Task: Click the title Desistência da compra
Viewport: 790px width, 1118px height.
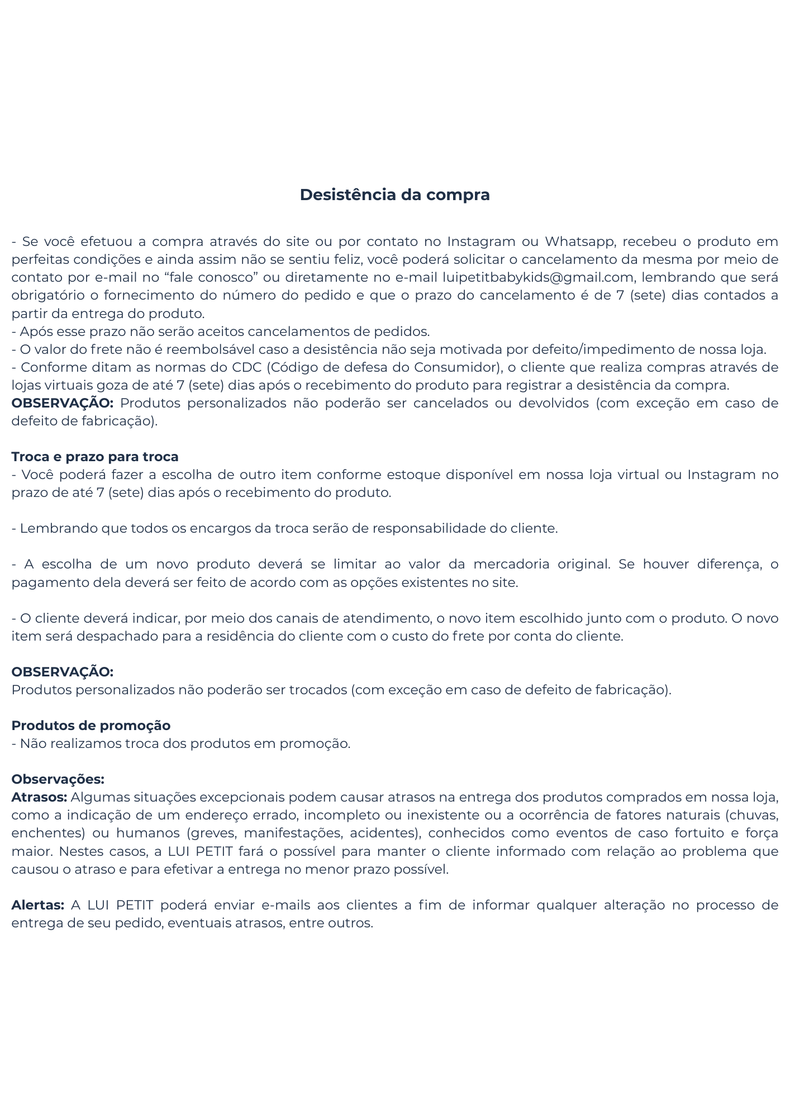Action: click(394, 195)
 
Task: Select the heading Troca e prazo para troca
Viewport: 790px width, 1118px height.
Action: click(95, 457)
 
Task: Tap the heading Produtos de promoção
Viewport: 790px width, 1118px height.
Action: click(91, 726)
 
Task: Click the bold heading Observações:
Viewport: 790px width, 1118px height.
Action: click(58, 779)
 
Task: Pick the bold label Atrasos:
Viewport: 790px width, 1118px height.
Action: click(39, 797)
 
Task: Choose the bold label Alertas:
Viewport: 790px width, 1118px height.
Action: click(38, 905)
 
